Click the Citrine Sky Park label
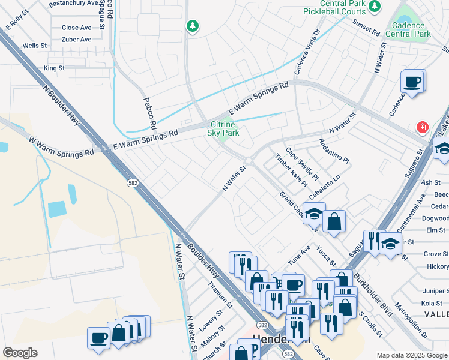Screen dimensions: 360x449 coord(223,128)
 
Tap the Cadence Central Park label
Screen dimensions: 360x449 coord(411,30)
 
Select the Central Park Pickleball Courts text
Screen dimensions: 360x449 coord(342,7)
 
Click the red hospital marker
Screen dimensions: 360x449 coord(423,128)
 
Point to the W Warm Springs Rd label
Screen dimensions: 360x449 coord(61,146)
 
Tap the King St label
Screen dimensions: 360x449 coord(54,68)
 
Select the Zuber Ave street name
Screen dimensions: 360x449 coord(76,40)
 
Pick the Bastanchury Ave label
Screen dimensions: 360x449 coord(73,3)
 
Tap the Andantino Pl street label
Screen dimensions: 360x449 coord(334,151)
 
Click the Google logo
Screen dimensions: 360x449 coord(20,352)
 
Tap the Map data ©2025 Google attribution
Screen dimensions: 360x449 coord(412,355)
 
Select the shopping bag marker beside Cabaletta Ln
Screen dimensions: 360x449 coord(334,221)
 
